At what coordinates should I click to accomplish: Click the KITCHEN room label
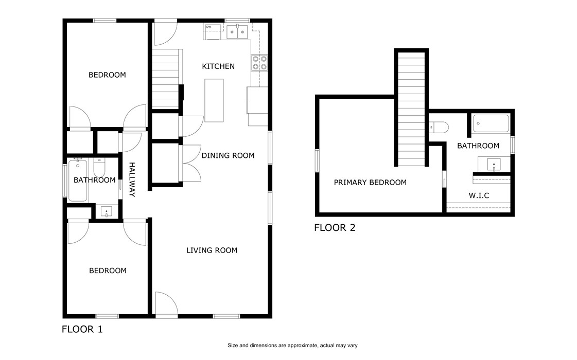tap(218, 66)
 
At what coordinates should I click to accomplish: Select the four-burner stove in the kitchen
tap(259, 62)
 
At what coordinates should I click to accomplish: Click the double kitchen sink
tap(237, 32)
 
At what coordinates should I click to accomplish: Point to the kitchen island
tap(214, 100)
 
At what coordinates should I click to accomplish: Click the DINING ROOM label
tap(228, 155)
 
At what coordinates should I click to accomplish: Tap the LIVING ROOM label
tap(212, 250)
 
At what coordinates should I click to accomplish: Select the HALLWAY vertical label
tap(132, 179)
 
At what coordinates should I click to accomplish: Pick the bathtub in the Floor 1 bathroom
tap(78, 180)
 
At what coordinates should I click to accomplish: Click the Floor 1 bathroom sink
tap(106, 211)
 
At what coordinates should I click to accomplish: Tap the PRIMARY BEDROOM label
tap(370, 183)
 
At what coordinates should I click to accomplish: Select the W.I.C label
tap(478, 195)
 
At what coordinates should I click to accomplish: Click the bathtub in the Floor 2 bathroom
tap(491, 124)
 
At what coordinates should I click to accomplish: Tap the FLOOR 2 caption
tap(335, 227)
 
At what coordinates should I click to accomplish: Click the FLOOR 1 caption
tap(82, 330)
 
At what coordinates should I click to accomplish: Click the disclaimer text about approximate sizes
tap(292, 346)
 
